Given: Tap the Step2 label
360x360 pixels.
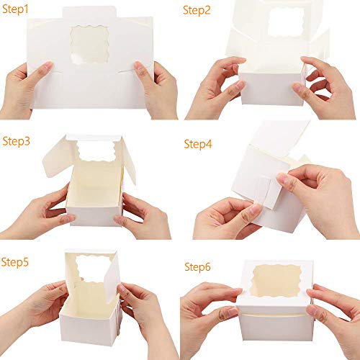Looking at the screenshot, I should (198, 10).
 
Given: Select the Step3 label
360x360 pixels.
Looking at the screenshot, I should (17, 140).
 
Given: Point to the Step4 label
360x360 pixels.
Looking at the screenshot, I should (198, 143).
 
